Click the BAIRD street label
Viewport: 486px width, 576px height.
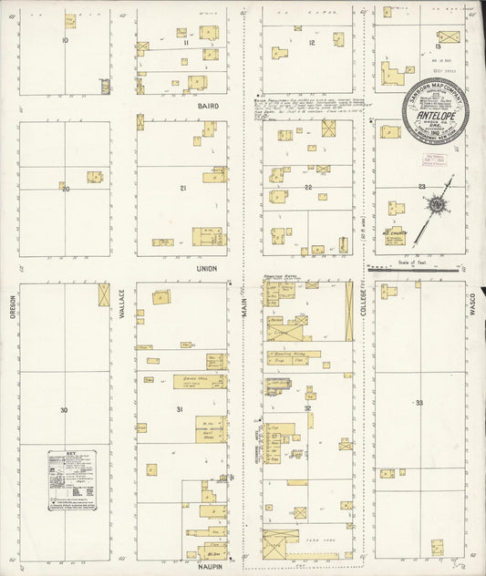[x=209, y=106]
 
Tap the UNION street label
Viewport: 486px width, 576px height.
[x=206, y=269]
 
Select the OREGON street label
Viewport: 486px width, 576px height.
[x=12, y=304]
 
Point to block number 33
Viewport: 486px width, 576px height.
[x=419, y=402]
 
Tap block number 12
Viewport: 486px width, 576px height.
[x=311, y=43]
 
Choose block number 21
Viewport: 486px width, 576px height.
[x=182, y=188]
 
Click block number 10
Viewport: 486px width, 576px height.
[x=65, y=41]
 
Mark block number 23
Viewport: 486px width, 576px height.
[x=421, y=187]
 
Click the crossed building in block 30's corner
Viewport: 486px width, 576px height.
[x=103, y=294]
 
